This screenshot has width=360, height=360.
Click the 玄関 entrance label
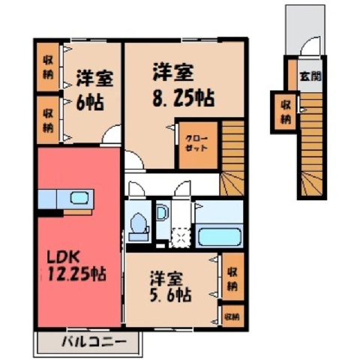tap(310, 76)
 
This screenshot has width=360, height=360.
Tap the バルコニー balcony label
tap(94, 342)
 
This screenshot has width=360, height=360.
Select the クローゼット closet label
tap(196, 143)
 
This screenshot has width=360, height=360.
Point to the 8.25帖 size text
tap(183, 97)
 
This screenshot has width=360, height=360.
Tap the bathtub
tap(220, 236)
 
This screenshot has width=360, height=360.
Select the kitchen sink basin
tap(79, 198)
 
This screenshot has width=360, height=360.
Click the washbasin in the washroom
tap(161, 212)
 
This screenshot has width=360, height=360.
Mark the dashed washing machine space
tap(181, 237)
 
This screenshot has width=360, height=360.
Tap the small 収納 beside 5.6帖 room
tap(232, 317)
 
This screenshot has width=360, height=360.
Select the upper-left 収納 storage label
tap(48, 67)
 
